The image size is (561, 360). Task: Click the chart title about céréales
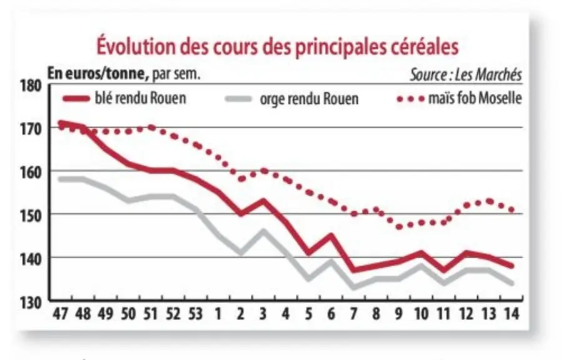click(x=278, y=46)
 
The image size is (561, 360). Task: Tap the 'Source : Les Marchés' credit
click(x=466, y=75)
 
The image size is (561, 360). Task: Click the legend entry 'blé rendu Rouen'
click(x=124, y=98)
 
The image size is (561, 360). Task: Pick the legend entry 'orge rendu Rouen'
click(x=292, y=99)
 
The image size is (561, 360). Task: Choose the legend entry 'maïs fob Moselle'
click(x=459, y=98)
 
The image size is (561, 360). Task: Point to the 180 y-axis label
click(x=31, y=86)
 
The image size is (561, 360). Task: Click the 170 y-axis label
click(x=31, y=129)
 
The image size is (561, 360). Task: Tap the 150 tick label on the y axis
click(x=31, y=215)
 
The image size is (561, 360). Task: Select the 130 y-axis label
click(x=31, y=302)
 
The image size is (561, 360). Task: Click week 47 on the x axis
click(x=61, y=314)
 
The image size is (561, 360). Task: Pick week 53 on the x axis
click(x=195, y=314)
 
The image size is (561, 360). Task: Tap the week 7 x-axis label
click(x=353, y=314)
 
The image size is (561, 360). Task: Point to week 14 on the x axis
click(x=511, y=314)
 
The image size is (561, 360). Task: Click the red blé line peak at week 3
click(x=263, y=200)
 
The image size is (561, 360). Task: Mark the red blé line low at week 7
click(x=353, y=270)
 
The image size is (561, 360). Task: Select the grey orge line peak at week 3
click(x=263, y=231)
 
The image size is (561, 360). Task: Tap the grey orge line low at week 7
click(x=353, y=287)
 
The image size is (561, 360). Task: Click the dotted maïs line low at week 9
click(x=399, y=227)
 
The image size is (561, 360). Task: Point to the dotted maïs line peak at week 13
click(x=490, y=201)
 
